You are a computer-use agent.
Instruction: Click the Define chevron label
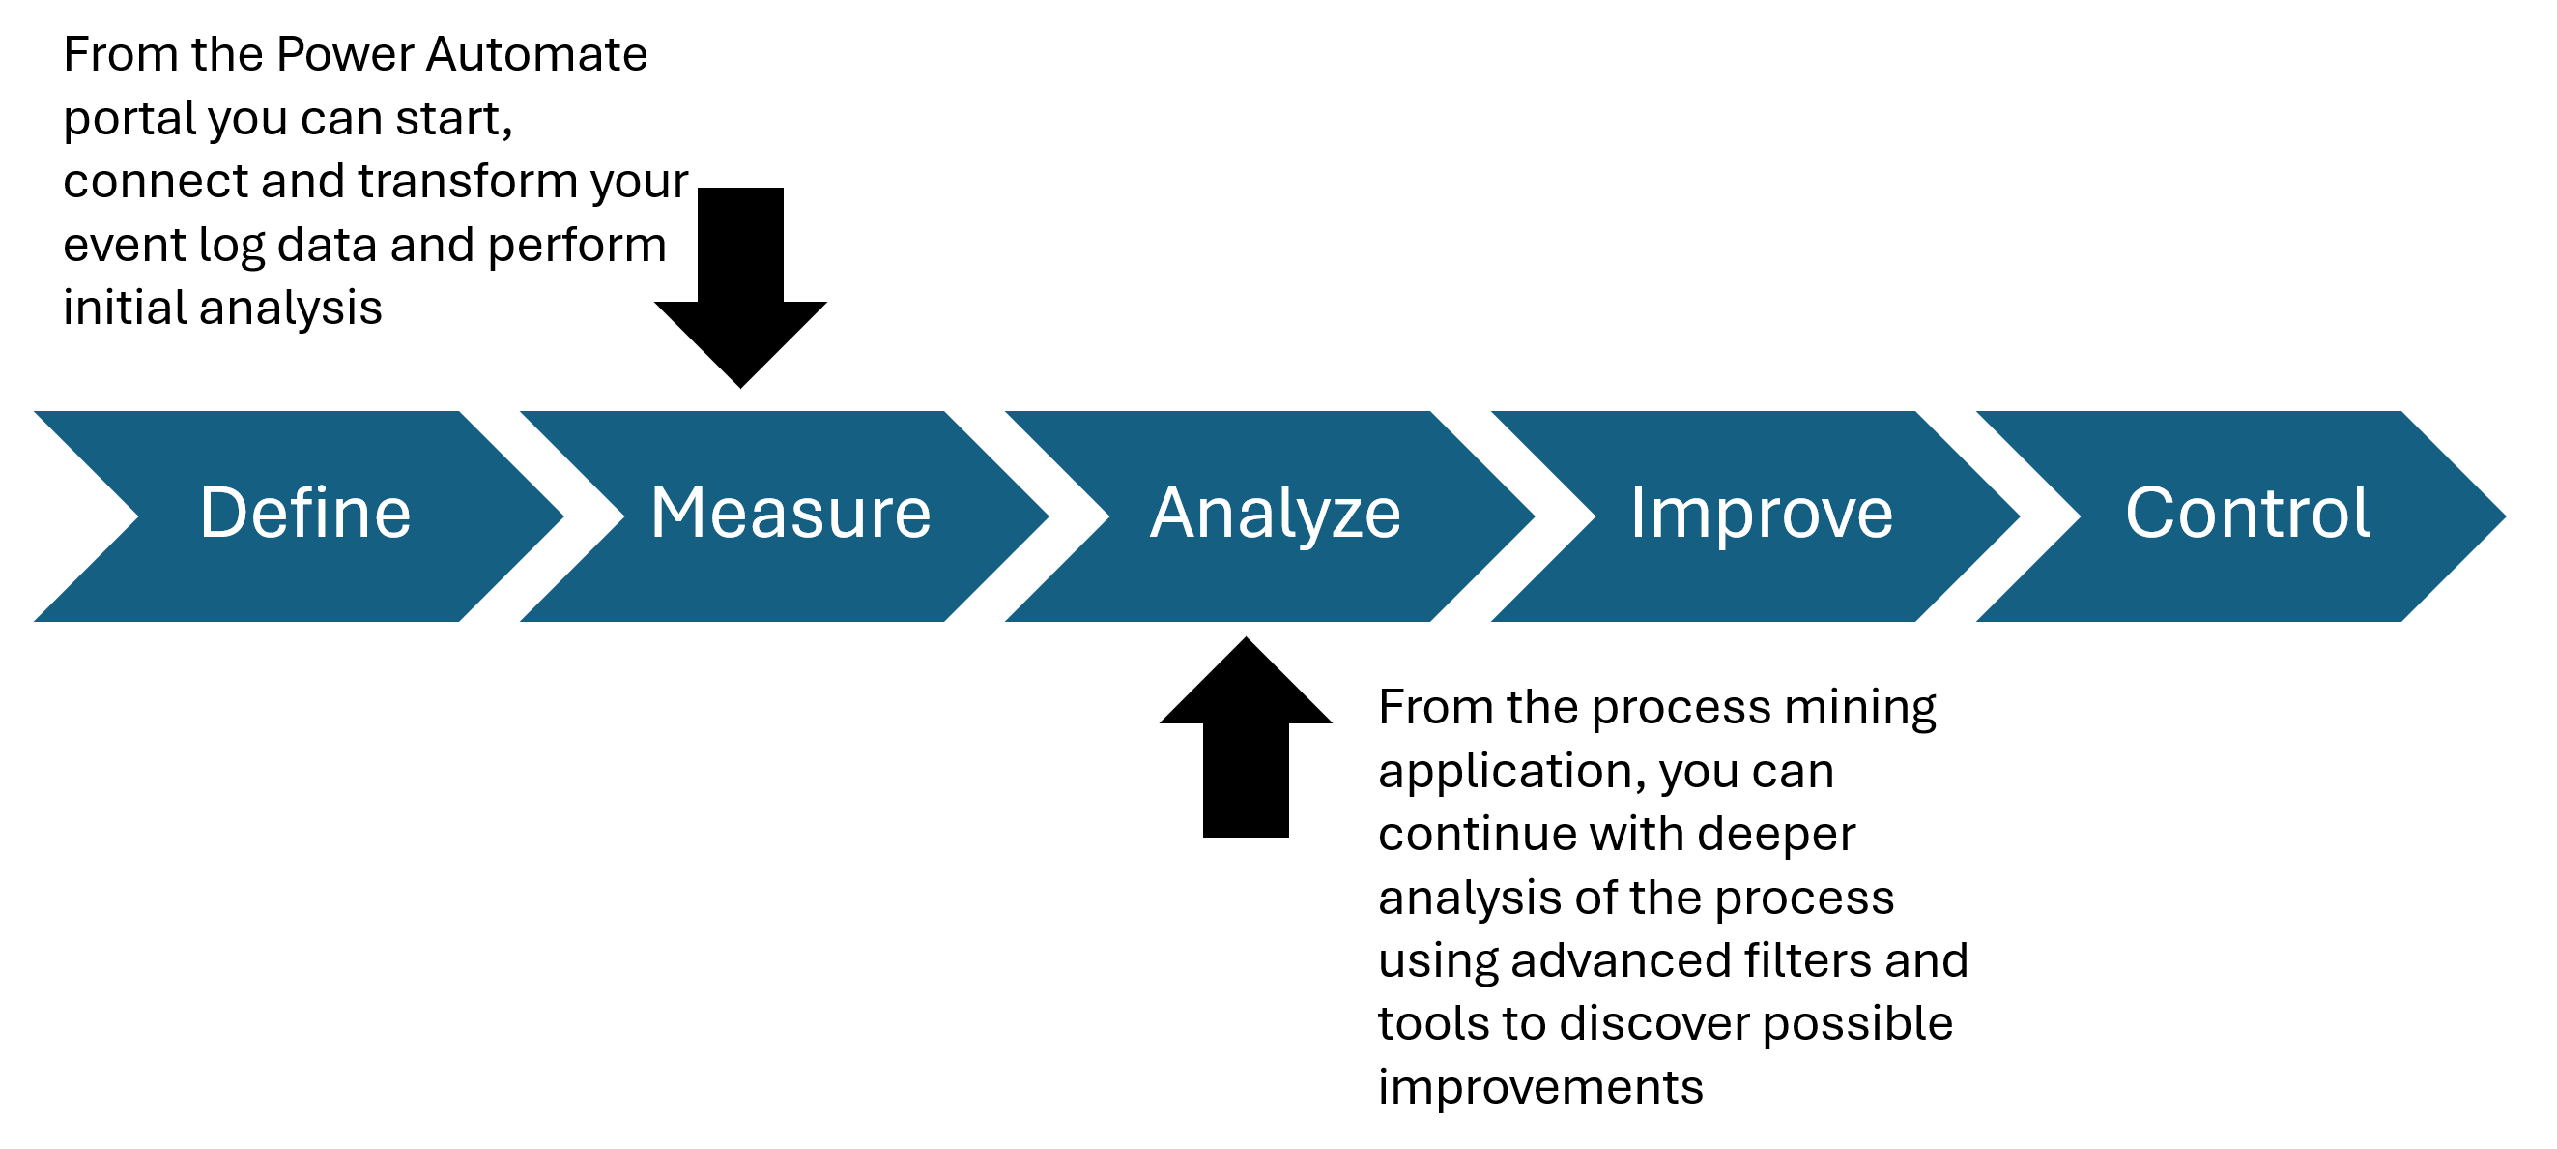pyautogui.click(x=304, y=514)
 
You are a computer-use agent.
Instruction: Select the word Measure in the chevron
pyautogui.click(x=790, y=514)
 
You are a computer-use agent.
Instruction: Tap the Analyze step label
pyautogui.click(x=1276, y=514)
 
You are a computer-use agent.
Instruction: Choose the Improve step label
pyautogui.click(x=1761, y=514)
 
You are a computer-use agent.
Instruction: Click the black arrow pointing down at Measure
pyautogui.click(x=740, y=288)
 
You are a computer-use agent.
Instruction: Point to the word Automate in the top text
pyautogui.click(x=536, y=54)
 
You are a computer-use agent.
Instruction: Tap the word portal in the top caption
pyautogui.click(x=129, y=119)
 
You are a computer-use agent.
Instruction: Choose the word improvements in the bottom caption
pyautogui.click(x=1539, y=1087)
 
